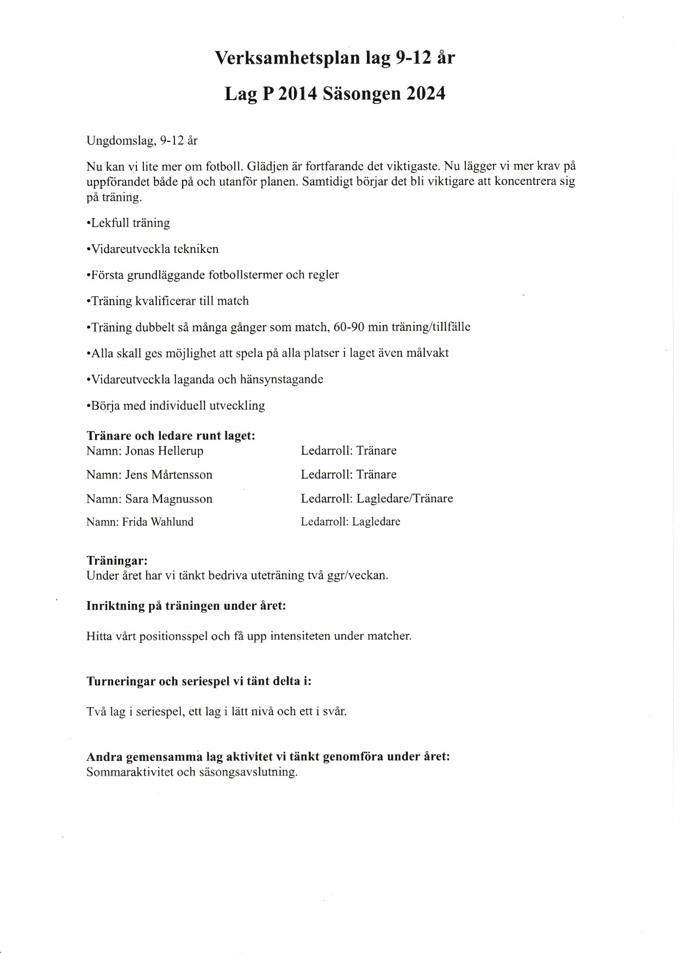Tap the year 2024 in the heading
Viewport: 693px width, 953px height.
[424, 94]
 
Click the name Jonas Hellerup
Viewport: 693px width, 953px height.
[164, 451]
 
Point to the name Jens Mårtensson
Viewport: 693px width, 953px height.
[168, 475]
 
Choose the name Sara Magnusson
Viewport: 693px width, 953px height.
[168, 499]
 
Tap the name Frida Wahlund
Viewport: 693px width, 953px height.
[158, 522]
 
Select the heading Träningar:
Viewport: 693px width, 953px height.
[117, 561]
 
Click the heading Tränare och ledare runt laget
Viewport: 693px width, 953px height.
[171, 436]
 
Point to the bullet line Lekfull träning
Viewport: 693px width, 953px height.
[128, 223]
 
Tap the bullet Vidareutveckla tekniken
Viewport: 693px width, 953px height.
[153, 249]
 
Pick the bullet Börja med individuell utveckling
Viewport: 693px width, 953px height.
[176, 406]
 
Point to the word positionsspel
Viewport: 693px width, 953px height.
[173, 636]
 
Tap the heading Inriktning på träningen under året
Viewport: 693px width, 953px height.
[186, 606]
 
